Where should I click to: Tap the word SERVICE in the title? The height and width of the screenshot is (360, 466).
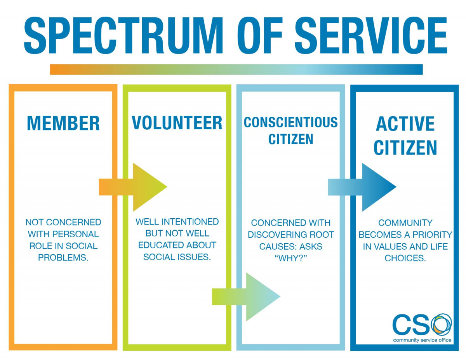point(371,36)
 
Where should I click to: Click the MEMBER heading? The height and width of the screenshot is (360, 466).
point(63,123)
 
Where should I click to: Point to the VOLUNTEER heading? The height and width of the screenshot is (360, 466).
point(177,123)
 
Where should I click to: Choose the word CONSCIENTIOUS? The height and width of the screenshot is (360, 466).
point(290,122)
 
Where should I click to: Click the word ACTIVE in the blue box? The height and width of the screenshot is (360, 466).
point(405,124)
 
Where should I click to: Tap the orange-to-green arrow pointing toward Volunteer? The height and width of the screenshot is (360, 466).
point(133,187)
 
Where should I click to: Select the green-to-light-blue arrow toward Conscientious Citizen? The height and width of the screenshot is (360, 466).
point(246,297)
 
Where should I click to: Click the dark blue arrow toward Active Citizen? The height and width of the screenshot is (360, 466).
point(362,187)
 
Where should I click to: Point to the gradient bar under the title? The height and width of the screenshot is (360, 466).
point(236,70)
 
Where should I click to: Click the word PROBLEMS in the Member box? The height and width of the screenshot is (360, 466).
point(63,258)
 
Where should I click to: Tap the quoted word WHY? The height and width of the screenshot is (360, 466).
point(290,258)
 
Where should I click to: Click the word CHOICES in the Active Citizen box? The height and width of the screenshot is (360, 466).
point(405,258)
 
